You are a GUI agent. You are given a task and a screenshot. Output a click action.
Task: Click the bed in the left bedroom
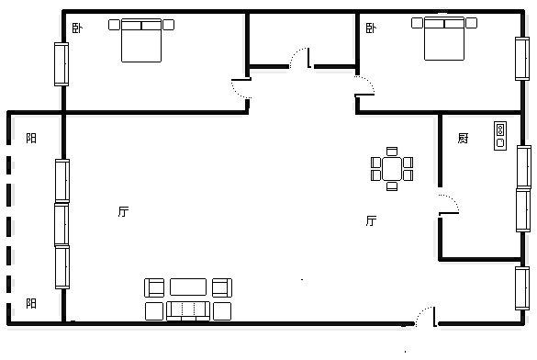(x=141, y=40)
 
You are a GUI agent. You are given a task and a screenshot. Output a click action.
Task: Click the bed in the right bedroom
(x=444, y=39)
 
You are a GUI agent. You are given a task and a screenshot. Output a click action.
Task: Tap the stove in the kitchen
(x=500, y=136)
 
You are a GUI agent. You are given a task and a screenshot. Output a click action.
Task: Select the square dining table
(x=392, y=169)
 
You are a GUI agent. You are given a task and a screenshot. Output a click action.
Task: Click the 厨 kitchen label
(x=463, y=138)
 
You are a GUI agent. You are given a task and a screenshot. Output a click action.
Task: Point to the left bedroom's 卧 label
(x=77, y=28)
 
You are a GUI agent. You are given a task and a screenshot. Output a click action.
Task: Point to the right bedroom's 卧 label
(x=371, y=28)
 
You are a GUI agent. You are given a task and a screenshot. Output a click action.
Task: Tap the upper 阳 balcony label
(x=31, y=138)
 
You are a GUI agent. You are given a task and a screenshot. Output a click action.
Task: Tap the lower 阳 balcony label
(x=31, y=303)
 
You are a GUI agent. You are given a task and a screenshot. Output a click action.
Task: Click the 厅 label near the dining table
(x=371, y=220)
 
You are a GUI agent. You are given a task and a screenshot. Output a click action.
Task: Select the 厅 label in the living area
(x=123, y=211)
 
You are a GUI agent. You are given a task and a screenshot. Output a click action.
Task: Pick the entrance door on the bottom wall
(x=426, y=316)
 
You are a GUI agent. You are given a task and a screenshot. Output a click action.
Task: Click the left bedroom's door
(x=241, y=88)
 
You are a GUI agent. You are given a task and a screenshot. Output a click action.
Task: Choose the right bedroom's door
(x=364, y=85)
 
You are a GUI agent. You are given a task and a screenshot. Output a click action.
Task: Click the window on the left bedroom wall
(x=62, y=64)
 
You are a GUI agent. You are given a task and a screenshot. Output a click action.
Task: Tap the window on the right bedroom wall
(x=522, y=59)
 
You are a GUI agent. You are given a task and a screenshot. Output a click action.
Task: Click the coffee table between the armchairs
(x=188, y=287)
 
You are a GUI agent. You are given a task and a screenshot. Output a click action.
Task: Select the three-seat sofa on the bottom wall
(x=188, y=311)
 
